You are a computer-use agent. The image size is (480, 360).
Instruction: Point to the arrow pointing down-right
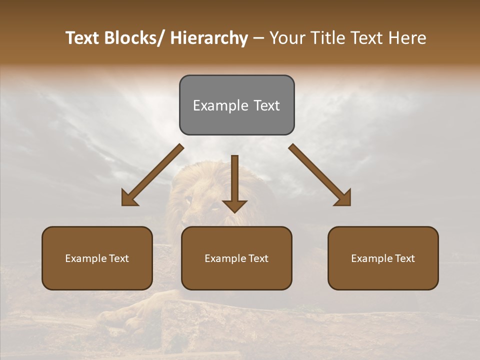click(318, 173)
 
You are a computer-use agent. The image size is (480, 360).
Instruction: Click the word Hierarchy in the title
click(209, 38)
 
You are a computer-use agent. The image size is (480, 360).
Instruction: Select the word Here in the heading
click(407, 38)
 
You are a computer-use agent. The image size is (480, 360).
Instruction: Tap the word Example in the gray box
click(220, 105)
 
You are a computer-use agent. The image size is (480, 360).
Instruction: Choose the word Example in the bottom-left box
click(85, 258)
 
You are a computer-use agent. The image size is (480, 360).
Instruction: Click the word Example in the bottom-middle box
click(225, 258)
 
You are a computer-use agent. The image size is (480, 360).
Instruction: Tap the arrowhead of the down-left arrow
click(129, 198)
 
